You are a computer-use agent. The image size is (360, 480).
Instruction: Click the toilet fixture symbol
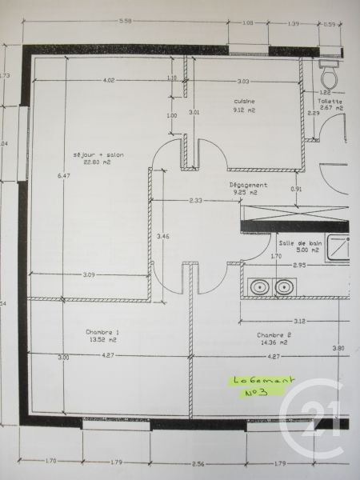pyautogui.click(x=329, y=74)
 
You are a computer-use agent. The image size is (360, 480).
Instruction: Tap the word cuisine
pyautogui.click(x=244, y=101)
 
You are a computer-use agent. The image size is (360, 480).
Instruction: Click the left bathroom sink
pyautogui.click(x=259, y=286)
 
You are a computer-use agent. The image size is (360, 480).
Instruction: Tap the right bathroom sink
pyautogui.click(x=284, y=286)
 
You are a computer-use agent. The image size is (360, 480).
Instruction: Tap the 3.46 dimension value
pyautogui.click(x=162, y=236)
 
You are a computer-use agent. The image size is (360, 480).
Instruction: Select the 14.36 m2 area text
pyautogui.click(x=273, y=343)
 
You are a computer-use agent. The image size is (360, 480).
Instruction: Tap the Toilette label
pyautogui.click(x=330, y=102)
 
